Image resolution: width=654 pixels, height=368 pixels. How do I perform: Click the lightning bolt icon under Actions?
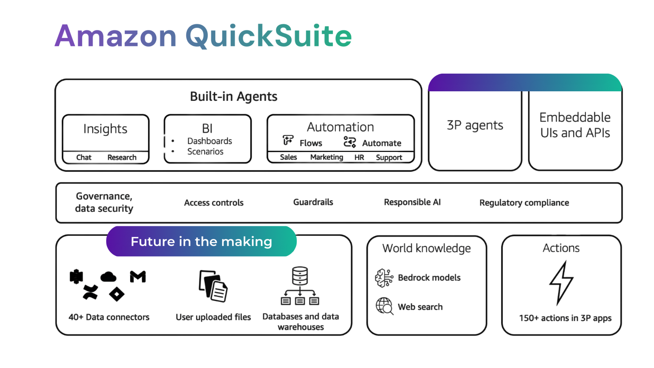561,283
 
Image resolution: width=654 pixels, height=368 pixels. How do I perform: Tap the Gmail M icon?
138,277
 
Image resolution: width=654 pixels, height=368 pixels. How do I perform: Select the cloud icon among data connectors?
108,277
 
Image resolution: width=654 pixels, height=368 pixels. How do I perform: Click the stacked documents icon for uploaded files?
213,286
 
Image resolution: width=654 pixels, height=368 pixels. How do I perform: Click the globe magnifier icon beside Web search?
384,306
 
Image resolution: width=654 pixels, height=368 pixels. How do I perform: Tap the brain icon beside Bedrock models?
384,278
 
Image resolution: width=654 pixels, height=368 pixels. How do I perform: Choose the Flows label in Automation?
311,143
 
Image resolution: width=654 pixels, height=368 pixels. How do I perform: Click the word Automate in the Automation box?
381,143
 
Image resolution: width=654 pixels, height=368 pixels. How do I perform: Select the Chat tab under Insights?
84,157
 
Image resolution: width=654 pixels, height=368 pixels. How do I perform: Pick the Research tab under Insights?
122,157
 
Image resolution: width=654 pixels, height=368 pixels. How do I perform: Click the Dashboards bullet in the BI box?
209,141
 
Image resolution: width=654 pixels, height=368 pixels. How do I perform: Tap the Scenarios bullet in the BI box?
205,152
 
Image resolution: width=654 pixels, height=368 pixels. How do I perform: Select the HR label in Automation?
359,157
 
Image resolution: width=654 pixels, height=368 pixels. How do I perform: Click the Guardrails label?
313,202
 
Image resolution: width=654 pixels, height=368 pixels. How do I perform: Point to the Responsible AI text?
412,202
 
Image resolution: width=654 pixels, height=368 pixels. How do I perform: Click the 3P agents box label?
475,125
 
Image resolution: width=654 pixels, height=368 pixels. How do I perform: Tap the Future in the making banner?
201,241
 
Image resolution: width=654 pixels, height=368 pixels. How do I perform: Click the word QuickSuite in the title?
268,36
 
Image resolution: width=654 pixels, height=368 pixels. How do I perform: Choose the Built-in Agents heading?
234,96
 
